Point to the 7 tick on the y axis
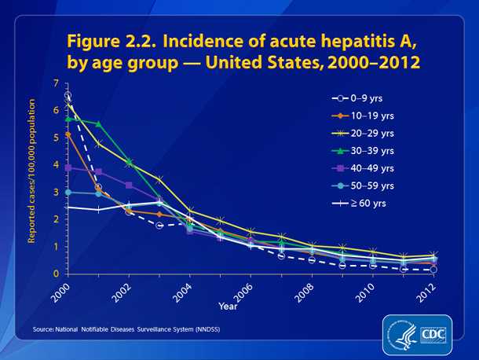click(x=56, y=83)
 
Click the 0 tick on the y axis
click(x=56, y=274)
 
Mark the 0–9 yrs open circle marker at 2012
click(x=433, y=270)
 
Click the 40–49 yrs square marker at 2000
click(x=68, y=167)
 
